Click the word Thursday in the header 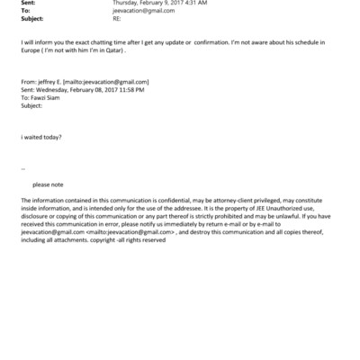(x=127, y=4)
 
